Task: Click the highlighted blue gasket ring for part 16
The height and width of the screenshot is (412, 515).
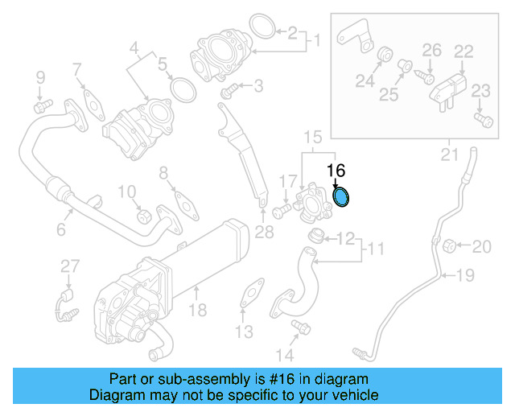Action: tap(342, 196)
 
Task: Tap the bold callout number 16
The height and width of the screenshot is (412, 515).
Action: tap(336, 171)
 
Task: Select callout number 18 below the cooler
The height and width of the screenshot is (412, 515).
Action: tap(198, 310)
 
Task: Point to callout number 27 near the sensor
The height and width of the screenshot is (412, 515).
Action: tap(70, 266)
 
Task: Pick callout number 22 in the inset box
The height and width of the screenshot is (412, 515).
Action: tap(463, 51)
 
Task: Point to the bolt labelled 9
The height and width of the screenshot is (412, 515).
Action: tap(41, 105)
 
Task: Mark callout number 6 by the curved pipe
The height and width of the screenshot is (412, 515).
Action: tap(60, 230)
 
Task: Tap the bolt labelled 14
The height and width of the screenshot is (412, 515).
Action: tap(302, 327)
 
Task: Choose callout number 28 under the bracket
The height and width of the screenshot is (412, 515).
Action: tap(264, 233)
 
